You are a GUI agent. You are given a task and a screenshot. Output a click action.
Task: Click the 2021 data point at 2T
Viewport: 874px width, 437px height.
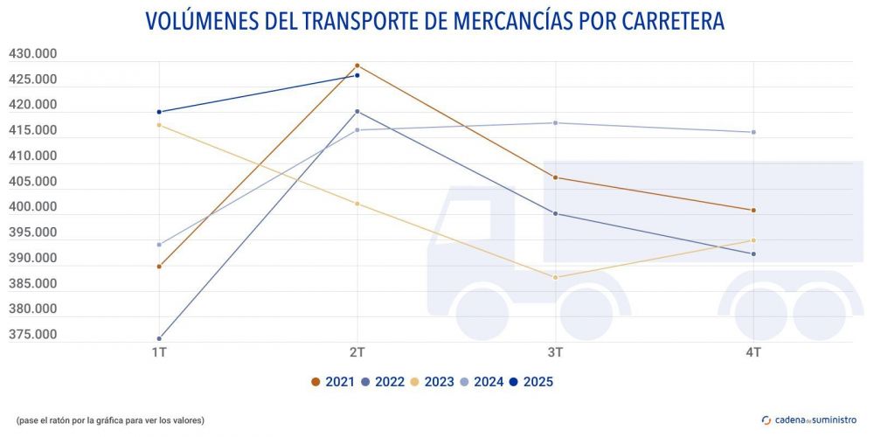click(x=357, y=66)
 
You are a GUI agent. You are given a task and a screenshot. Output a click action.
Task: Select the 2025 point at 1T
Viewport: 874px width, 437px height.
click(x=159, y=112)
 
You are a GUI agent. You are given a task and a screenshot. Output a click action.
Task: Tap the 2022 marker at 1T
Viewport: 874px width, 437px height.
click(x=159, y=338)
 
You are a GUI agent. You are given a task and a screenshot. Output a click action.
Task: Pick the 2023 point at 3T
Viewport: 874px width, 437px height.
click(x=555, y=277)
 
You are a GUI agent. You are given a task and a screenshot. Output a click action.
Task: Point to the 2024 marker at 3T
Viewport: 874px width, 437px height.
click(x=555, y=122)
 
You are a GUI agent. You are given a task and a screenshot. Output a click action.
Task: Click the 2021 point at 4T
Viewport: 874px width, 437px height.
click(x=753, y=210)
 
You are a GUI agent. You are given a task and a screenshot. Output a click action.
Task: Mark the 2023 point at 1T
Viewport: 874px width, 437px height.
click(x=159, y=125)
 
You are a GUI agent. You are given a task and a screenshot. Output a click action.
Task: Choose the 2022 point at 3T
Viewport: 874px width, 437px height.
click(x=555, y=213)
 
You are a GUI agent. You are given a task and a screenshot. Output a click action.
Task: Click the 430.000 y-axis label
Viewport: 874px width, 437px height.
click(x=33, y=54)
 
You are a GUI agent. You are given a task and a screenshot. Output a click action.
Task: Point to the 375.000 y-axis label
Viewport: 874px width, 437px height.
click(x=33, y=335)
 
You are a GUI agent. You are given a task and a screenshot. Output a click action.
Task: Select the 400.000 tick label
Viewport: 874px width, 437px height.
click(x=33, y=207)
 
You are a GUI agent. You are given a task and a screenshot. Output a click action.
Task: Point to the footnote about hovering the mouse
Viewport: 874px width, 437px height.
click(x=110, y=420)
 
